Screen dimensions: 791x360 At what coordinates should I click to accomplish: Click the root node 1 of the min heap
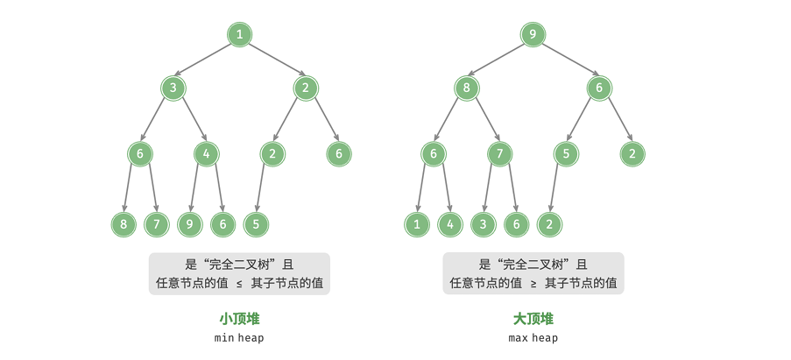[240, 35]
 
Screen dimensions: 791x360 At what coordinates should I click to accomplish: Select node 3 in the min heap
[173, 88]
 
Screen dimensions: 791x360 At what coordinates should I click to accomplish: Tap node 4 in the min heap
[207, 154]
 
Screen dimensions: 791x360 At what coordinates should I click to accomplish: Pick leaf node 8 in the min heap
[124, 224]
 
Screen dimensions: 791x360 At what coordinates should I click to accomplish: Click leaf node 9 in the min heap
[190, 224]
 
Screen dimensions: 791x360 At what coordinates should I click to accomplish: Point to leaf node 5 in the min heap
[257, 224]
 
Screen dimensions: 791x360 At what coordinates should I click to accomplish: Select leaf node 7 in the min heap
[157, 224]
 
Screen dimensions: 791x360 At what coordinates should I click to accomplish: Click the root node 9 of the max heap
[533, 35]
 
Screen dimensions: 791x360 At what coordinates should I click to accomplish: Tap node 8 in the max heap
[467, 88]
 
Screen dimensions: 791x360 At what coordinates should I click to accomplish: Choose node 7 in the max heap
[500, 154]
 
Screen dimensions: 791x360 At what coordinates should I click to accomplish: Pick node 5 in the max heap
[566, 154]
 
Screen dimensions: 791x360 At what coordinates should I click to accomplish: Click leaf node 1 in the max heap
[417, 224]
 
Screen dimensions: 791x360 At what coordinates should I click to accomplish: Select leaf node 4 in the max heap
[450, 224]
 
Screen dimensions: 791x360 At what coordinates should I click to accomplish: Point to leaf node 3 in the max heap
[484, 224]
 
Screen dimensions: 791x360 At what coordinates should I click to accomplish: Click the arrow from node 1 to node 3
[203, 60]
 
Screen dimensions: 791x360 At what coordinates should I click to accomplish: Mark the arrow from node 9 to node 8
[497, 60]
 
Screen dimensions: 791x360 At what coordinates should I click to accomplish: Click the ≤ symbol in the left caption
[240, 284]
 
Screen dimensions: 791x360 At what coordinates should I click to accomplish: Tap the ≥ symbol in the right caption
[533, 284]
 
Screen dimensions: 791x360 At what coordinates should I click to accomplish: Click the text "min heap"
[239, 338]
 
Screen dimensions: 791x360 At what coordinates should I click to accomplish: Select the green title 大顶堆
[533, 319]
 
